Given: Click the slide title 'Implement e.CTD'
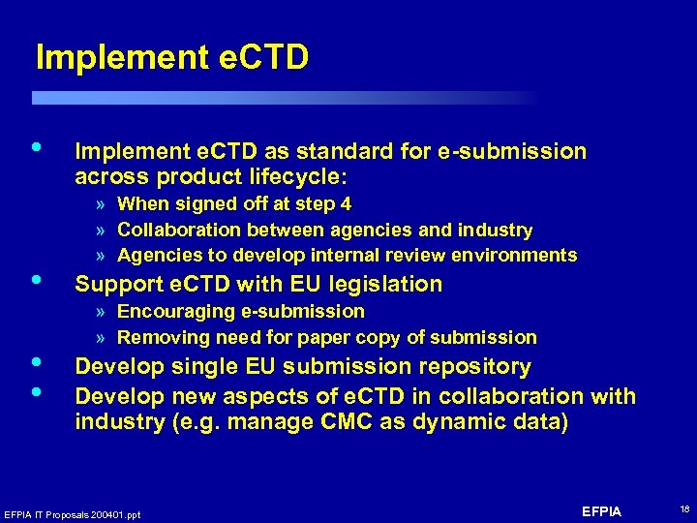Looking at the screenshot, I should pos(171,58).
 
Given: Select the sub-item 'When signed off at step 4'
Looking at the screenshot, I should pos(234,204).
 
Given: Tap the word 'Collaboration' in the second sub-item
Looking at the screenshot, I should pos(180,231).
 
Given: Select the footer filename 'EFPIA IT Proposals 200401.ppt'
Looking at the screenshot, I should pos(73,514).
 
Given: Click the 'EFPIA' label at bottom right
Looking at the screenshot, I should pos(602,511).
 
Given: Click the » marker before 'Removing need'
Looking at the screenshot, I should pos(102,338).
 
